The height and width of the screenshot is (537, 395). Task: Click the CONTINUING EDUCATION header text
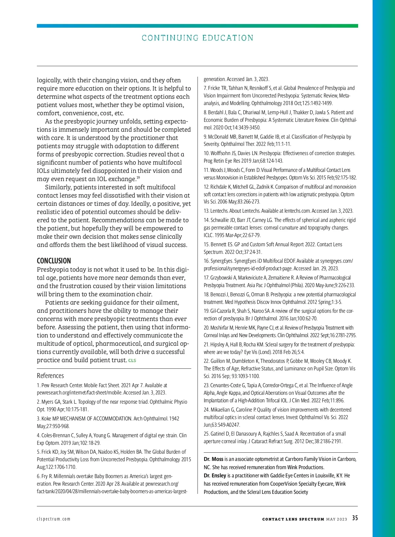pyautogui.click(x=197, y=38)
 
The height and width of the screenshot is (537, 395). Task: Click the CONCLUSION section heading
pyautogui.click(x=54, y=261)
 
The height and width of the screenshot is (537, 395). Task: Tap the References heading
pyautogui.click(x=50, y=376)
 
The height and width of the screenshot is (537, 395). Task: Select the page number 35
pyautogui.click(x=355, y=518)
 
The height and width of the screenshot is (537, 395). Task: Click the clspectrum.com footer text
pyautogui.click(x=54, y=519)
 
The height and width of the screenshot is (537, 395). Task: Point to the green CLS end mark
pyautogui.click(x=132, y=361)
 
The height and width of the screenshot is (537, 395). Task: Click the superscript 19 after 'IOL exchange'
pyautogui.click(x=138, y=178)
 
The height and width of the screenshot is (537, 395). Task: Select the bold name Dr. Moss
pyautogui.click(x=213, y=459)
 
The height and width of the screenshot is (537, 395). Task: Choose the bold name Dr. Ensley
pyautogui.click(x=215, y=475)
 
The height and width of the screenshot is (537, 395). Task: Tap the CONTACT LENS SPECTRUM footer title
pyautogui.click(x=293, y=519)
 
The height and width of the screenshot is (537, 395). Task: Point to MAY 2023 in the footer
pyautogui.click(x=336, y=519)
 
